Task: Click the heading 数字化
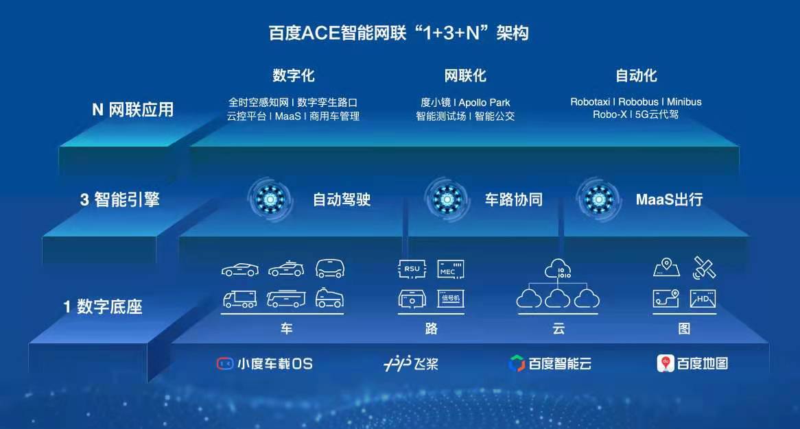pyautogui.click(x=294, y=75)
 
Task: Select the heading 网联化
pyautogui.click(x=464, y=75)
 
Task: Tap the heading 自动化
pyautogui.click(x=636, y=75)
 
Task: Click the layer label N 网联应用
pyautogui.click(x=132, y=110)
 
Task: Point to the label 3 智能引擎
pyautogui.click(x=120, y=199)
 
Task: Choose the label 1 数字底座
pyautogui.click(x=102, y=307)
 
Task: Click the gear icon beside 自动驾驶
pyautogui.click(x=270, y=199)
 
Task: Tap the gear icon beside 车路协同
pyautogui.click(x=447, y=199)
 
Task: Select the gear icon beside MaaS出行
pyautogui.click(x=598, y=199)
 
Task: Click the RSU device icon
pyautogui.click(x=412, y=269)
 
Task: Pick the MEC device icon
pyautogui.click(x=451, y=269)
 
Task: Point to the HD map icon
pyautogui.click(x=703, y=299)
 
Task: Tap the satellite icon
pyautogui.click(x=704, y=267)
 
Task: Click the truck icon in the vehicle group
pyautogui.click(x=240, y=299)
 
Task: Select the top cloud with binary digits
pyautogui.click(x=558, y=269)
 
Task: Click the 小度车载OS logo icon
pyautogui.click(x=225, y=363)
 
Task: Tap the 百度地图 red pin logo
pyautogui.click(x=666, y=363)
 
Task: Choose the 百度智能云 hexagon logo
pyautogui.click(x=517, y=363)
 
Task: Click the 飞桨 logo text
pyautogui.click(x=425, y=364)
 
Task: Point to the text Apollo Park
pyautogui.click(x=484, y=102)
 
